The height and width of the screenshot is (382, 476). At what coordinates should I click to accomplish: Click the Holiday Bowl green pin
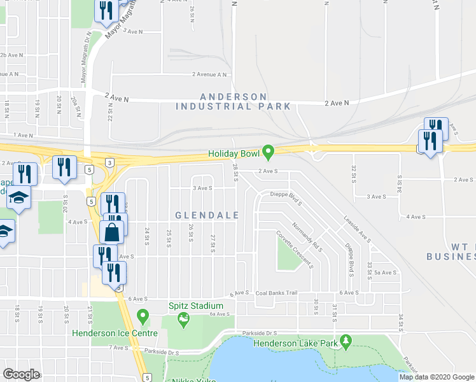coord(269,152)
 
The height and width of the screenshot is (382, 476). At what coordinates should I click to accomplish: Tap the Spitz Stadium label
coord(188,306)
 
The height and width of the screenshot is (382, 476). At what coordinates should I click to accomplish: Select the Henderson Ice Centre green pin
coord(143,315)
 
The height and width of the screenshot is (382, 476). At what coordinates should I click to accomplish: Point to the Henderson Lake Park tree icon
coord(346,342)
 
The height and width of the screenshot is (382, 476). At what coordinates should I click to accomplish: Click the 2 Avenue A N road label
coord(210,74)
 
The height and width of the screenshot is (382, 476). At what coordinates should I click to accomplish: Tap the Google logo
coord(22,374)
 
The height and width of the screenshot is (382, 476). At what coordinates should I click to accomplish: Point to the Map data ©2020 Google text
coord(436,377)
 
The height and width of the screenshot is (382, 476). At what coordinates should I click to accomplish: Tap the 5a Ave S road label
coord(386,272)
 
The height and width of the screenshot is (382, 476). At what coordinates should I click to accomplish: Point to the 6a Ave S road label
coord(218,314)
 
